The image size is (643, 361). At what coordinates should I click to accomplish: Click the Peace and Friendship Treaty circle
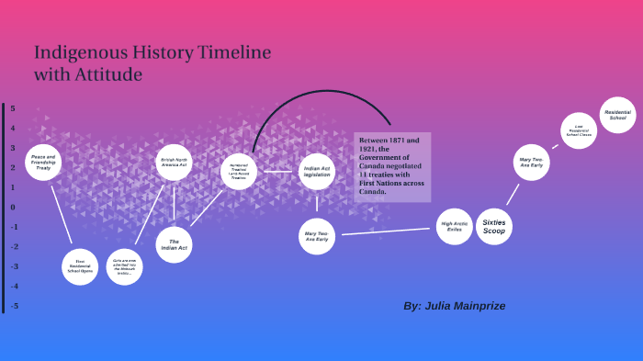(x=43, y=163)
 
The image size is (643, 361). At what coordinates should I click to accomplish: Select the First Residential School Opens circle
(x=80, y=266)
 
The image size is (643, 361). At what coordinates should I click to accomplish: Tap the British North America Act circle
(x=174, y=163)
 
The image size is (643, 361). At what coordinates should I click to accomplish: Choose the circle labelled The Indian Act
(x=174, y=244)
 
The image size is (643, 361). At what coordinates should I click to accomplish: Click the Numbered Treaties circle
(x=239, y=172)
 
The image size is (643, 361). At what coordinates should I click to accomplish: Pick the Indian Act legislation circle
(x=317, y=172)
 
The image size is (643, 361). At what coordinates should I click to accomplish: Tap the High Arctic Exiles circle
(x=454, y=226)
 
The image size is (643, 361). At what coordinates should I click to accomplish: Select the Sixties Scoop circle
(x=494, y=226)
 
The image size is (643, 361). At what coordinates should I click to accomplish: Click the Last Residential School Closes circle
(x=579, y=130)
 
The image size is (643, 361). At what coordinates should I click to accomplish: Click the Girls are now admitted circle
(x=125, y=266)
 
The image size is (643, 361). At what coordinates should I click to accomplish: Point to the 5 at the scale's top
(x=13, y=108)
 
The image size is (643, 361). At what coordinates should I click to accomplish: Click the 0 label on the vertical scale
(x=13, y=207)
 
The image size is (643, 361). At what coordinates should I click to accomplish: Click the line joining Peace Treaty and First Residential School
(x=62, y=215)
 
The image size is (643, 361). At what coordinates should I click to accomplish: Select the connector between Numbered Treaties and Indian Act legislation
(x=277, y=172)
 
